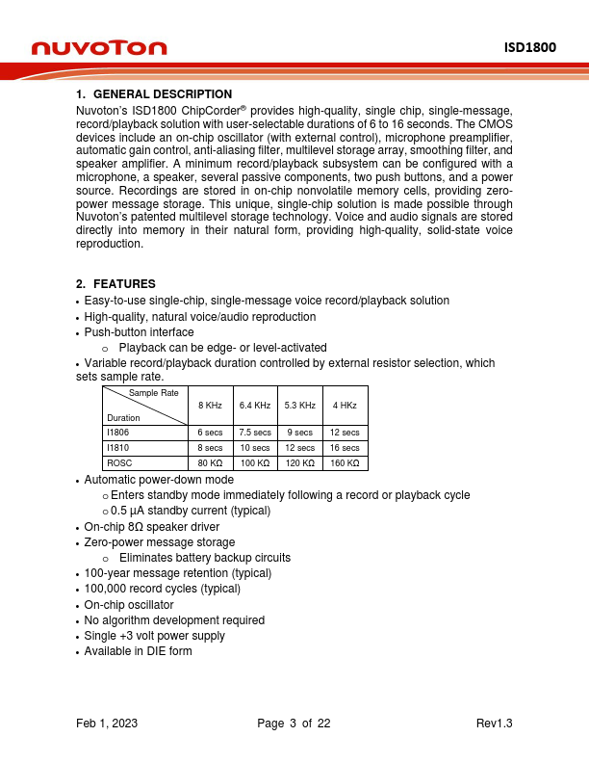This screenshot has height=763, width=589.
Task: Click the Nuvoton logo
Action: pyautogui.click(x=99, y=48)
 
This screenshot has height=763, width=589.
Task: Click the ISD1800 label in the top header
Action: pyautogui.click(x=530, y=47)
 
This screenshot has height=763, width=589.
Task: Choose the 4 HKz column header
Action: pyautogui.click(x=345, y=406)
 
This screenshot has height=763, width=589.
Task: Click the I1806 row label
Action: pyautogui.click(x=116, y=433)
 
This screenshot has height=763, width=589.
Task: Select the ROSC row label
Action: pyautogui.click(x=117, y=463)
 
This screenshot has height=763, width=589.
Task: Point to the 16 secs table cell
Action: pyautogui.click(x=345, y=448)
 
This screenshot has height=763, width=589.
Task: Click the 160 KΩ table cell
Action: pyautogui.click(x=345, y=463)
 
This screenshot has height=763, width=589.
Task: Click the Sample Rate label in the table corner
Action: pyautogui.click(x=154, y=393)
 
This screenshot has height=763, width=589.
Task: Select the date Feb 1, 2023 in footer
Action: pyautogui.click(x=107, y=724)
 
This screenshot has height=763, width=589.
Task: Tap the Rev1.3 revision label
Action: pyautogui.click(x=495, y=724)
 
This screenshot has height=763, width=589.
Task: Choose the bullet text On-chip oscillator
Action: pyautogui.click(x=129, y=604)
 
